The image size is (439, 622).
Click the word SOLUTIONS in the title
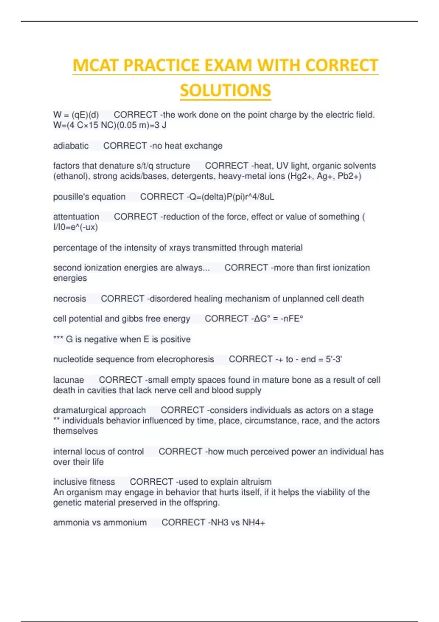(x=225, y=90)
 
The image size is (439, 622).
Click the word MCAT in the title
(x=96, y=65)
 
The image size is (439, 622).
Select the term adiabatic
(x=71, y=146)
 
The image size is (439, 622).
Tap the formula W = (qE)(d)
(x=76, y=115)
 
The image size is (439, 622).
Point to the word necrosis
(x=70, y=299)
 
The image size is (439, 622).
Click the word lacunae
(x=68, y=380)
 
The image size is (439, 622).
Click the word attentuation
(x=76, y=217)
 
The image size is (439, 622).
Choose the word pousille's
(x=71, y=197)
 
